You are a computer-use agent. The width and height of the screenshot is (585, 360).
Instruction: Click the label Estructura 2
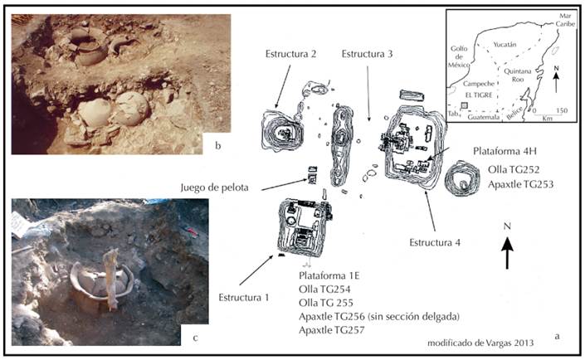(x=290, y=54)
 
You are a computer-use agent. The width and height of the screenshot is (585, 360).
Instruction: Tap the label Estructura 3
(x=367, y=54)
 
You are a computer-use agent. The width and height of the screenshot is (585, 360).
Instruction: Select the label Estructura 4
(x=435, y=243)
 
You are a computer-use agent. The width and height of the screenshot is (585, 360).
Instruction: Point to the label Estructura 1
(x=244, y=298)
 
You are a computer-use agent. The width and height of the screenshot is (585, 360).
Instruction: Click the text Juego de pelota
(x=215, y=187)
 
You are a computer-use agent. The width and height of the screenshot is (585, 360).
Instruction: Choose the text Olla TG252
(x=514, y=170)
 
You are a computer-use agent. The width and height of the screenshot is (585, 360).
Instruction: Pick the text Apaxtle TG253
(x=520, y=184)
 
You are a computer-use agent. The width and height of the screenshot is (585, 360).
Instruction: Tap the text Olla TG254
(x=324, y=289)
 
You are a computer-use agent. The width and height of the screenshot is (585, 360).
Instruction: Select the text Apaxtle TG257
(x=331, y=330)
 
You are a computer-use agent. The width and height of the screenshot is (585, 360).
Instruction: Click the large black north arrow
(x=507, y=253)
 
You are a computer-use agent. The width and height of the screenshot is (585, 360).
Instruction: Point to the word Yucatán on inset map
(x=505, y=45)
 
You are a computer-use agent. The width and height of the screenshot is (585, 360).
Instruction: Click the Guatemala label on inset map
(x=485, y=117)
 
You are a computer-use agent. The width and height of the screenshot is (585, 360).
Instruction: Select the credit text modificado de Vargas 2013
(x=480, y=343)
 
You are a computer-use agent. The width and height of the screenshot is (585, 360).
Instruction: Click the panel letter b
(x=218, y=145)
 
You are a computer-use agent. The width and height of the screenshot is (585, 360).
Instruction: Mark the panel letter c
(x=195, y=338)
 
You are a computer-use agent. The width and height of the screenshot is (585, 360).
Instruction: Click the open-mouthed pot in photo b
(x=88, y=46)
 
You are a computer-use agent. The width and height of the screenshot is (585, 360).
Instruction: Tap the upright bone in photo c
(x=111, y=279)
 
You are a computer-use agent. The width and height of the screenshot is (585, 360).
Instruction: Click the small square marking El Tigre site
(x=464, y=105)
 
